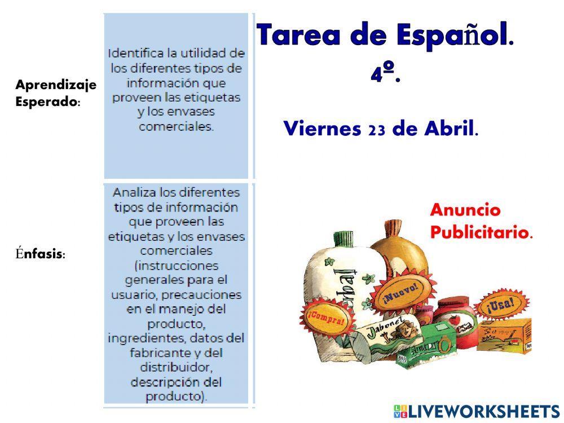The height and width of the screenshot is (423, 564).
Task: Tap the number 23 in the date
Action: (x=376, y=129)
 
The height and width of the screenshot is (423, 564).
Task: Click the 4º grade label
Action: (x=385, y=74)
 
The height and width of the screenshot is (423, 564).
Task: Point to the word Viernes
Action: (x=322, y=129)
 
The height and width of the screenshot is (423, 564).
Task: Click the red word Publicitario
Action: (x=481, y=232)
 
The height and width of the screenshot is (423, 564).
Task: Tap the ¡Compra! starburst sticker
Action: (x=325, y=319)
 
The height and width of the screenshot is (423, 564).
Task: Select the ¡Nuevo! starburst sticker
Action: (x=401, y=292)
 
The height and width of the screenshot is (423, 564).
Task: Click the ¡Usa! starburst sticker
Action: (x=501, y=304)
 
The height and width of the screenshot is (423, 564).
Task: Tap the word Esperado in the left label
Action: (x=47, y=103)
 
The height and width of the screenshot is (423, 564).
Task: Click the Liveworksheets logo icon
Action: (x=400, y=411)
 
